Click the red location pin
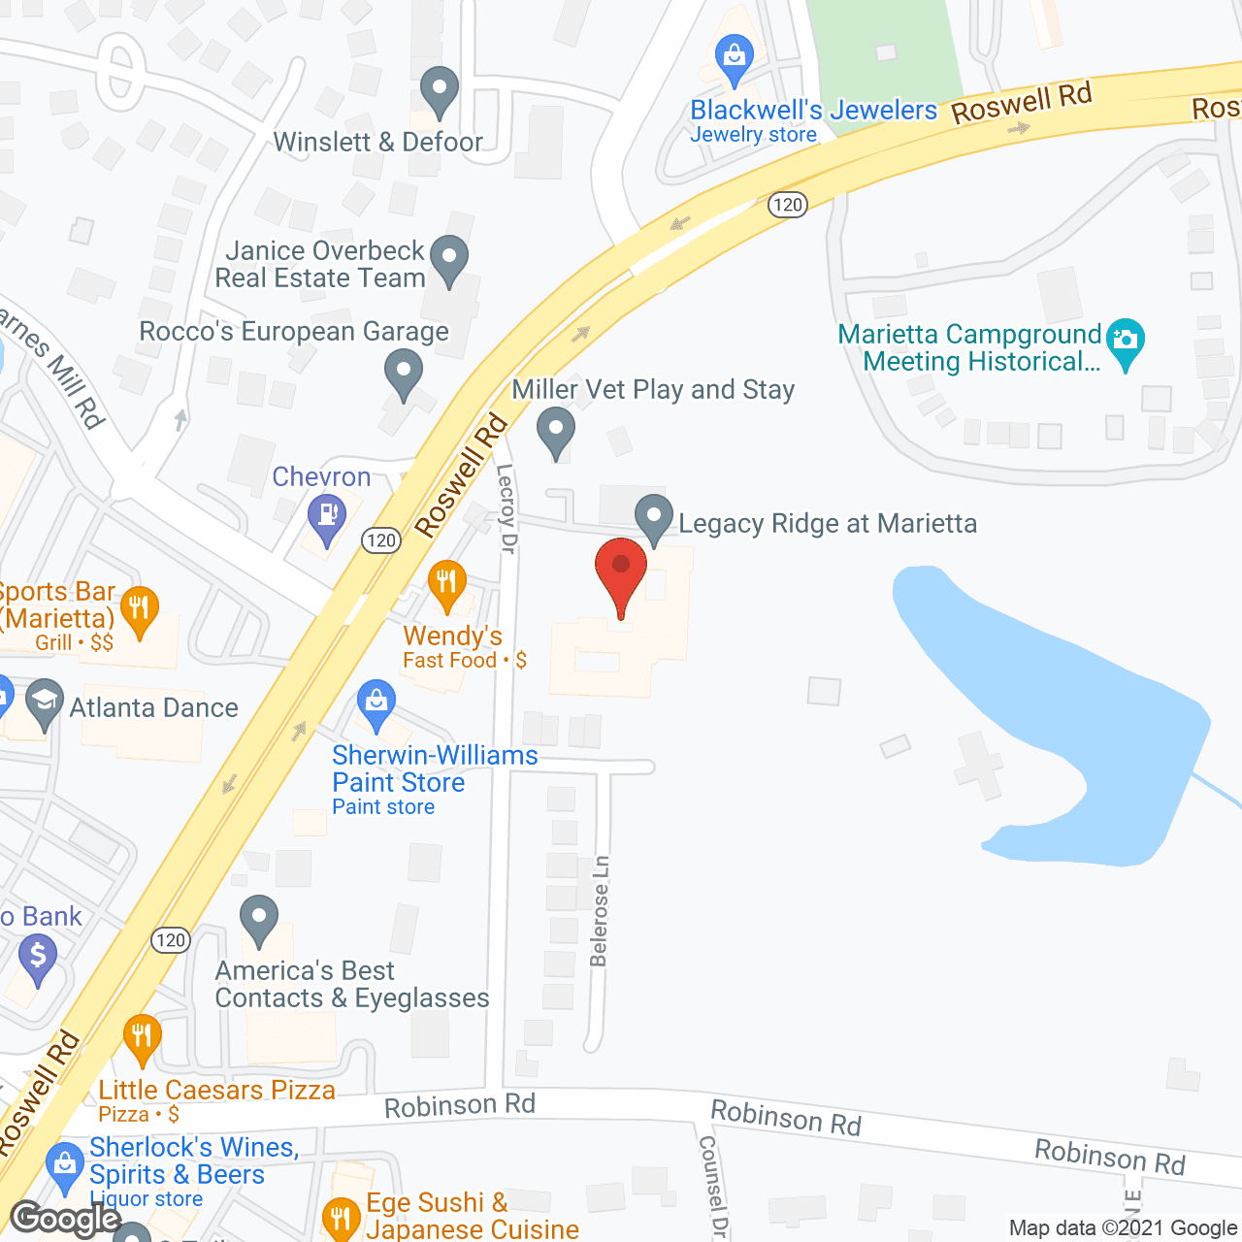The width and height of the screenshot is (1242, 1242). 621,568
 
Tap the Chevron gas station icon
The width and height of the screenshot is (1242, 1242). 327,514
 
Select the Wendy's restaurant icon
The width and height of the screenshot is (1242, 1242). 446,582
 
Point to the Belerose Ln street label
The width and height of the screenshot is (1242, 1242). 600,911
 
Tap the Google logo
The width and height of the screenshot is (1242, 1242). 66,1219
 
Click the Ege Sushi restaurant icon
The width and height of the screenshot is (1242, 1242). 341,1217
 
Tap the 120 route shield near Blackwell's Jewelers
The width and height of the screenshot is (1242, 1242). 788,204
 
